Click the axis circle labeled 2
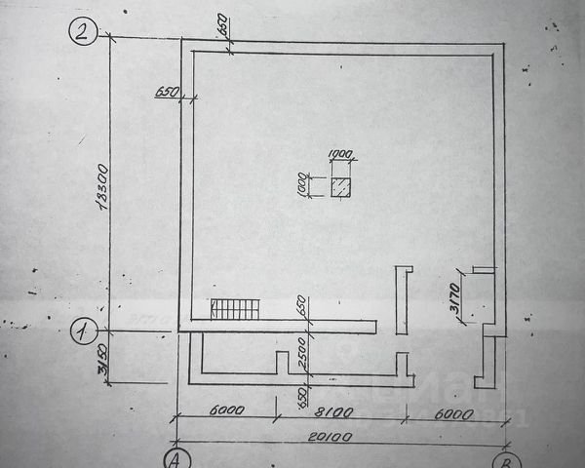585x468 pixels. click(83, 33)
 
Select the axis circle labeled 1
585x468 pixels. click(83, 331)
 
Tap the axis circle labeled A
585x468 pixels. click(176, 458)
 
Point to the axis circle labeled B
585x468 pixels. click(503, 460)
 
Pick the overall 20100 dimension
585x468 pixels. click(336, 436)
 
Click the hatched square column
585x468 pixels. click(340, 188)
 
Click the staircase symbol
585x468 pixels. click(235, 310)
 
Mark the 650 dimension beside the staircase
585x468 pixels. click(303, 306)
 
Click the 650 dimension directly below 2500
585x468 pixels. click(303, 397)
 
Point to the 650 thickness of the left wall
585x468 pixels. click(166, 93)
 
